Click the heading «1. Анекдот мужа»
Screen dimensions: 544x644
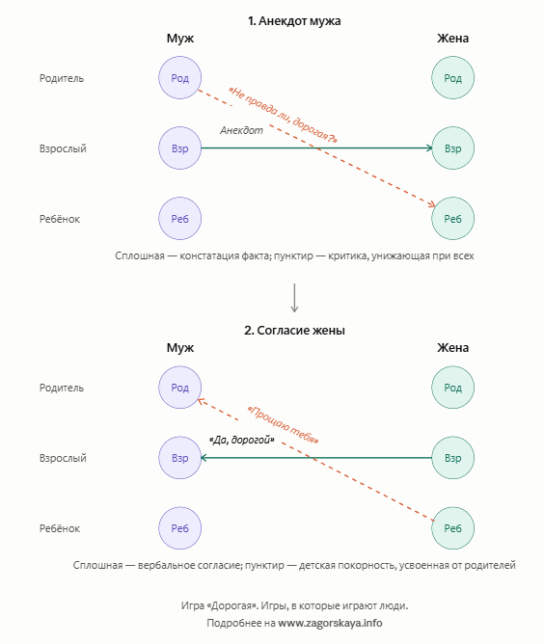coord(294,21)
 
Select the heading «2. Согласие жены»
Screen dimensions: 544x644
coord(294,331)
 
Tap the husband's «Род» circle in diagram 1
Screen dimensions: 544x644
coord(180,78)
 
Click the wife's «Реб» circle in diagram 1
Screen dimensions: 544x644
coord(452,219)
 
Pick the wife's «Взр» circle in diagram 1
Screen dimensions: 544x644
coord(452,148)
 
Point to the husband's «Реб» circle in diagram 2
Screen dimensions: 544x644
coord(180,528)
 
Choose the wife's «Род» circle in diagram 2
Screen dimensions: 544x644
coord(452,388)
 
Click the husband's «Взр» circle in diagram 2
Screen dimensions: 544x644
coord(180,458)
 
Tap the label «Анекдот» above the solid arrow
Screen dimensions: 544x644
coord(241,130)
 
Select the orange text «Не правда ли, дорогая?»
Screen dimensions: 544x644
coord(283,115)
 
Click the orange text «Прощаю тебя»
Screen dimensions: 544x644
coord(284,425)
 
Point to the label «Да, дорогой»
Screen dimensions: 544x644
coord(241,440)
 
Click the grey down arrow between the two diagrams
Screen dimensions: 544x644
coord(294,298)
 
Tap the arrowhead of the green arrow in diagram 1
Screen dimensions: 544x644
coord(430,148)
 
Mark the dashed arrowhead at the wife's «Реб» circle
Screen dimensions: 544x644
coord(431,204)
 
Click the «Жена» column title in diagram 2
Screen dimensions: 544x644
coord(452,347)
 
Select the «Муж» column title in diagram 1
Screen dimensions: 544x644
coord(180,39)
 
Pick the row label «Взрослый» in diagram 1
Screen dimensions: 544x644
coord(63,148)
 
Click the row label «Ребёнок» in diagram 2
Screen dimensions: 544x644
coord(60,528)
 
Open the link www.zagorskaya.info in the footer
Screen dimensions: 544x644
coord(330,623)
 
